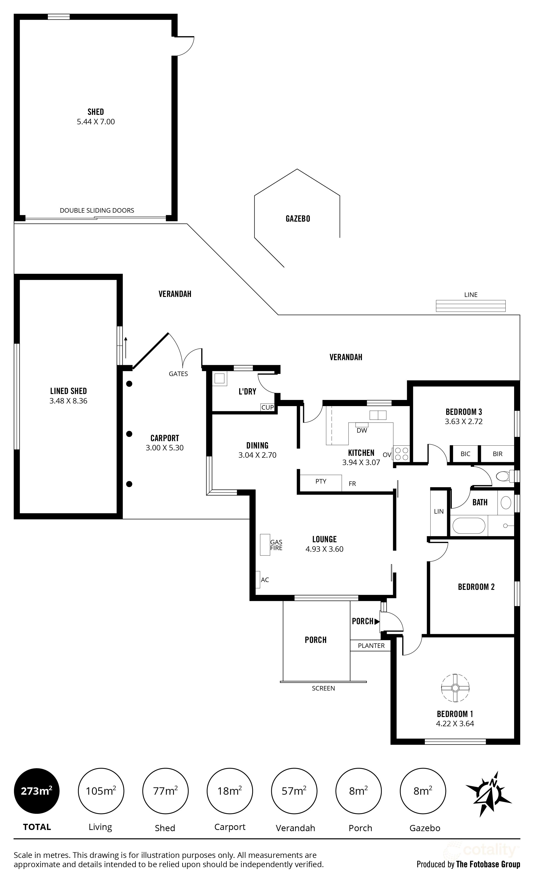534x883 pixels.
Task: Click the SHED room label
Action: [x=96, y=112]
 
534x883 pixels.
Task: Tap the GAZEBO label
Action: [x=298, y=219]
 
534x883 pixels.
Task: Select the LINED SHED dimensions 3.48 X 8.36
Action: [x=68, y=401]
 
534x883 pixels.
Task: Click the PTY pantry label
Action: [x=321, y=481]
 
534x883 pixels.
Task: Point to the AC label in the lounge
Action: [x=265, y=580]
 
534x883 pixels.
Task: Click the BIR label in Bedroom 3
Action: [x=498, y=454]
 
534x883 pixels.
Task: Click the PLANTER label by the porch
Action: [x=371, y=645]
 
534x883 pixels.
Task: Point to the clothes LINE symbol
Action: [x=471, y=306]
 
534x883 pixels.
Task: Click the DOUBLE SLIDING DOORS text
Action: [x=97, y=210]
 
